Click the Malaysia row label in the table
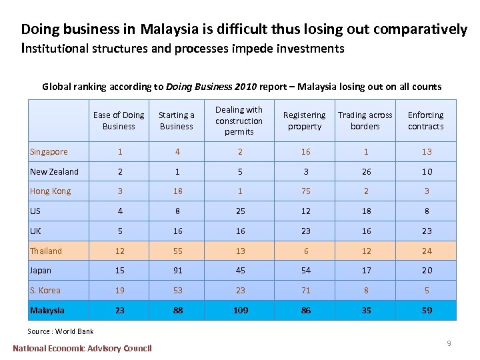pos(47,311)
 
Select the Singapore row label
pos(49,152)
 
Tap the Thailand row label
pos(46,251)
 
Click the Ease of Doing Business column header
pos(119,121)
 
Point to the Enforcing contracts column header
pos(425,121)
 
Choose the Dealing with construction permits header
pos(239,121)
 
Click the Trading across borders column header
pos(365,121)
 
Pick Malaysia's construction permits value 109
pos(240,311)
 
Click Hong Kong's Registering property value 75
pos(305,191)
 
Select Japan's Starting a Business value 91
pos(177,271)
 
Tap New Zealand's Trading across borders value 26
pos(366,172)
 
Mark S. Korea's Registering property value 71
pos(305,291)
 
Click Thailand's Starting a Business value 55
pos(177,251)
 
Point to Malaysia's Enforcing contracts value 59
pos(427,311)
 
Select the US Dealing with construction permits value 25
pos(240,211)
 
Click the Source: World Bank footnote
pos(61,331)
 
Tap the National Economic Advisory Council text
pos(82,348)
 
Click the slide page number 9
pos(449,343)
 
